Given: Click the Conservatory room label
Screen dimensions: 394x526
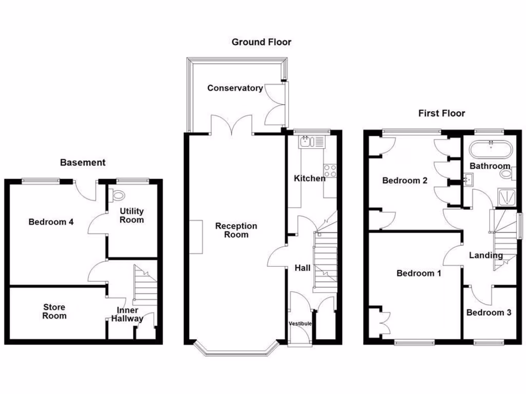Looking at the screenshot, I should point(235,88).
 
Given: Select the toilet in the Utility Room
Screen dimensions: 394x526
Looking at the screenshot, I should point(118,195).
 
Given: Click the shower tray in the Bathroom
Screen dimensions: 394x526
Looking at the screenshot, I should point(505,196).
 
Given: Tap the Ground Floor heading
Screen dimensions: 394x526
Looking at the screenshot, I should point(261,42).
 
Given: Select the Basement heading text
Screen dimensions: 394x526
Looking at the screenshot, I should point(83,163).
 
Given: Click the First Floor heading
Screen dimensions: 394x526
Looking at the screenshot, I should point(441,113).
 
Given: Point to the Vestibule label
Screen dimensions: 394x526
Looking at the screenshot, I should point(300,324).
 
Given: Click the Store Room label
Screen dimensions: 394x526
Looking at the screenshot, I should point(54,311).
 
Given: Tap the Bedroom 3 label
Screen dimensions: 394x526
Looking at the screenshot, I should point(489,312).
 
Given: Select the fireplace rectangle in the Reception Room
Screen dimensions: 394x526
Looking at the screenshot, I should point(195,237).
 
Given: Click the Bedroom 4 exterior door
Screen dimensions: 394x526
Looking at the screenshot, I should point(85,191).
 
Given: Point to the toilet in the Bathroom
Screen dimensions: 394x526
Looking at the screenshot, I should point(506,173).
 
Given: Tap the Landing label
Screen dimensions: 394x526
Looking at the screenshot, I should point(486,255).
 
